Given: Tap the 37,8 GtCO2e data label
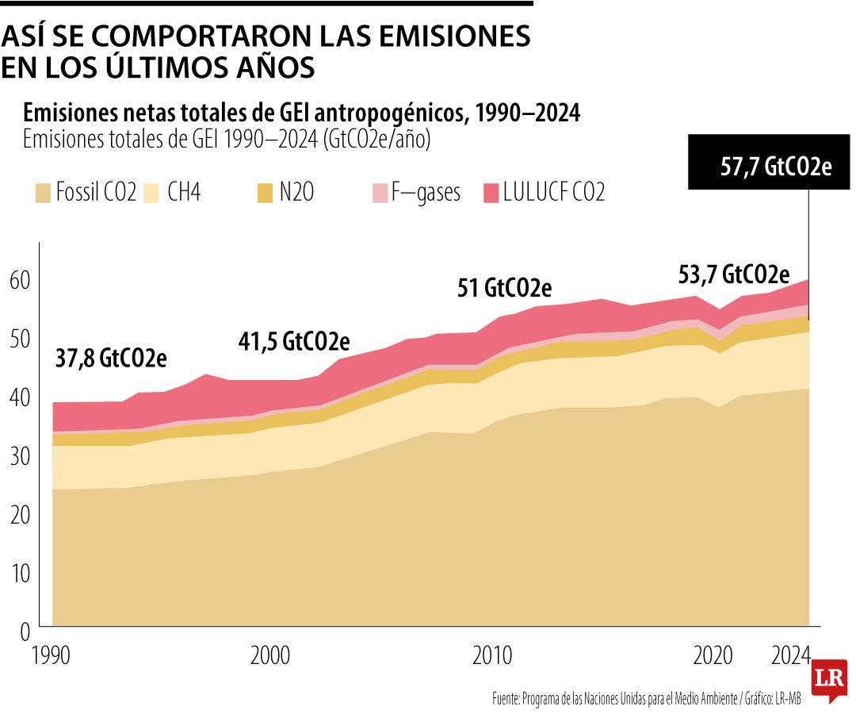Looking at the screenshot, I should pyautogui.click(x=110, y=359).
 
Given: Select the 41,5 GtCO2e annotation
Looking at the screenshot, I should pyautogui.click(x=293, y=342).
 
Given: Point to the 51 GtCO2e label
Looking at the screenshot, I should pyautogui.click(x=504, y=288).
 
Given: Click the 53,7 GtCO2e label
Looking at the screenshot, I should pyautogui.click(x=734, y=275).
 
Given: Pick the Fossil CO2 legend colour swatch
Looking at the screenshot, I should pyautogui.click(x=42, y=193).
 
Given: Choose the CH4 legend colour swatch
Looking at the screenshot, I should pyautogui.click(x=153, y=193).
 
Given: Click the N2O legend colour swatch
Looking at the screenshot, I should pyautogui.click(x=264, y=193).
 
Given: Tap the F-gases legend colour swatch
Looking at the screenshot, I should pyautogui.click(x=379, y=193).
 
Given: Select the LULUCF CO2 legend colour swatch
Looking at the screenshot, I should pyautogui.click(x=491, y=193).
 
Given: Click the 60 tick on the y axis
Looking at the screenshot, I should pyautogui.click(x=20, y=280).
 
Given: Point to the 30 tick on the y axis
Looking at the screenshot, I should pyautogui.click(x=20, y=456).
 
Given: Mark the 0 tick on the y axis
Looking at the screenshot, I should pyautogui.click(x=25, y=632).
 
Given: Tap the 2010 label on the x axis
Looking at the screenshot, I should pyautogui.click(x=493, y=657).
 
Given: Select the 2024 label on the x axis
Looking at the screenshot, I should pyautogui.click(x=792, y=657).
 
